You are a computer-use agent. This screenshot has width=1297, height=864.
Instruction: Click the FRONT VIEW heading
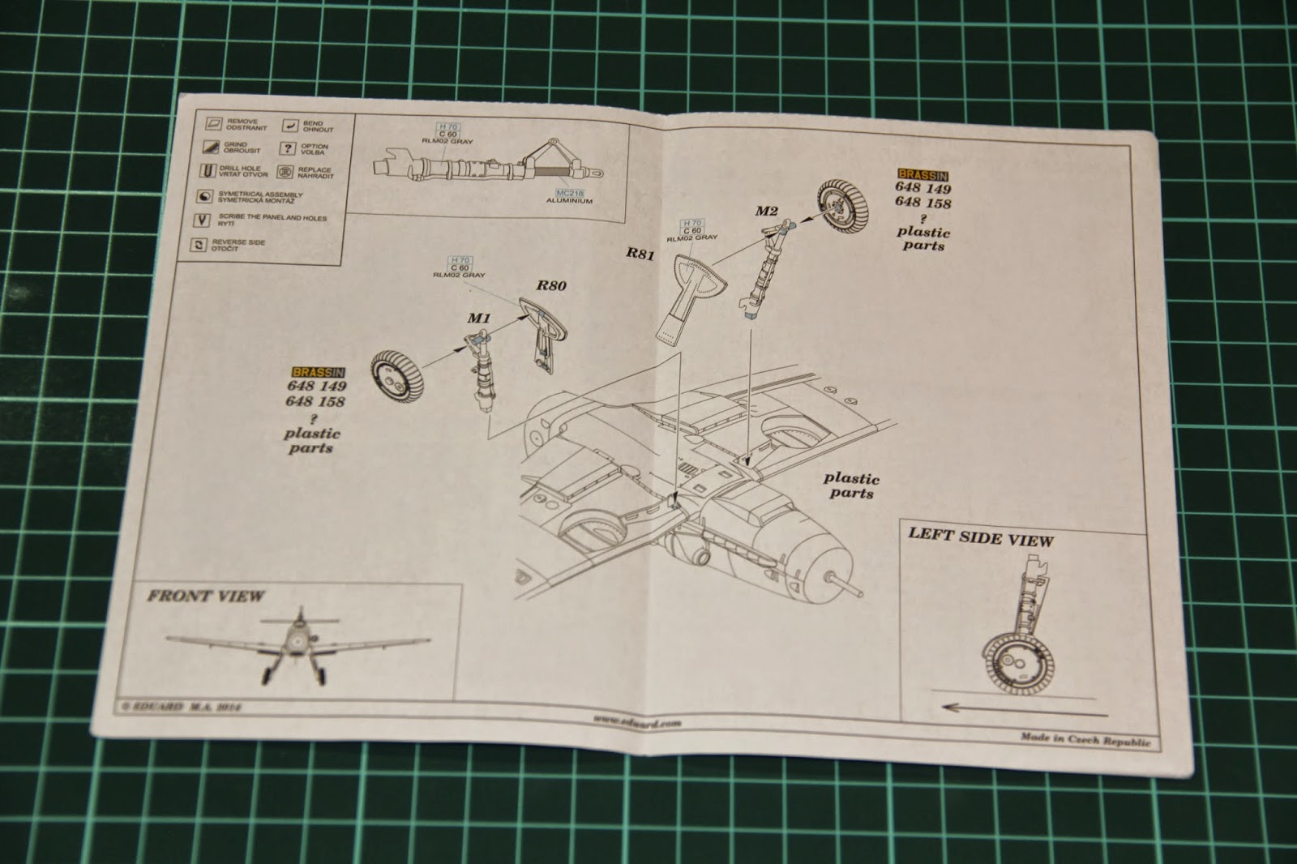pyautogui.click(x=206, y=597)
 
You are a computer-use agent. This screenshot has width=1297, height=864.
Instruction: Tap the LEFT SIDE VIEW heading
pyautogui.click(x=981, y=537)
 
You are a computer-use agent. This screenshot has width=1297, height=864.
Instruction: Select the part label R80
pyautogui.click(x=550, y=285)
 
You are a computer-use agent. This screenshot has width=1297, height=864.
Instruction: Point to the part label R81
pyautogui.click(x=640, y=253)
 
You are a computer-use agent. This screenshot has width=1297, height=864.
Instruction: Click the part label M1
pyautogui.click(x=478, y=318)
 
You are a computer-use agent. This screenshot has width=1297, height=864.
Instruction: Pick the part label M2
pyautogui.click(x=767, y=212)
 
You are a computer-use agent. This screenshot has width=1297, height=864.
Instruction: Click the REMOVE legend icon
pyautogui.click(x=214, y=124)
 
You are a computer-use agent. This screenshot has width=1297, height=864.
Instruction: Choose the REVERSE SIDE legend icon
pyautogui.click(x=199, y=245)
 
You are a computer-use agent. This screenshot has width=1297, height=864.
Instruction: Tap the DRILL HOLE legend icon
pyautogui.click(x=208, y=171)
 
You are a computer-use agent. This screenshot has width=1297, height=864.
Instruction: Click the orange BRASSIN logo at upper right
pyautogui.click(x=922, y=174)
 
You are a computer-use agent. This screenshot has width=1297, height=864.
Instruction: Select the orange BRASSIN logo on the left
pyautogui.click(x=319, y=372)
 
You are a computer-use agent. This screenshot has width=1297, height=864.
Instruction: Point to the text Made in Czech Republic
pyautogui.click(x=1085, y=740)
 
